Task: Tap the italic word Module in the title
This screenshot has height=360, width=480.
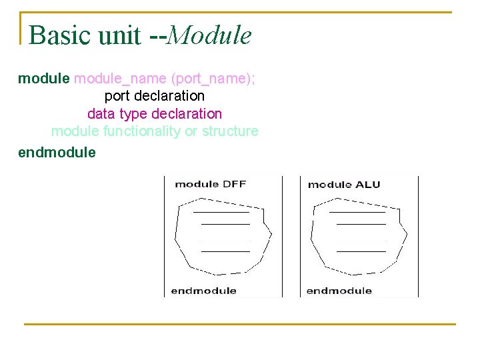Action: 209,35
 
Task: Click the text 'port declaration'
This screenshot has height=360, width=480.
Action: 155,96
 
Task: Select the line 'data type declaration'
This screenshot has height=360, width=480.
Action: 155,114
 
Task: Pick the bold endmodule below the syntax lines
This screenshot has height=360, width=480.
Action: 57,152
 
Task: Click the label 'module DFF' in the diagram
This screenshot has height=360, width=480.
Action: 210,184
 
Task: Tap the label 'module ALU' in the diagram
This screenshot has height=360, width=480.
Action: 344,184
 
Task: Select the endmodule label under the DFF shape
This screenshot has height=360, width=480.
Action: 204,291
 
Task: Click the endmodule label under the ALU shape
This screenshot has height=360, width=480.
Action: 339,291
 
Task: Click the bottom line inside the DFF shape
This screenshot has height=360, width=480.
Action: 225,251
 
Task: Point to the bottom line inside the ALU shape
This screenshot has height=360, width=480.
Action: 361,251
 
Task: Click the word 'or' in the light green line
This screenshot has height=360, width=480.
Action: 190,131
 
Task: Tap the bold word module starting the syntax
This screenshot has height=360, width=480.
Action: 43,79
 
